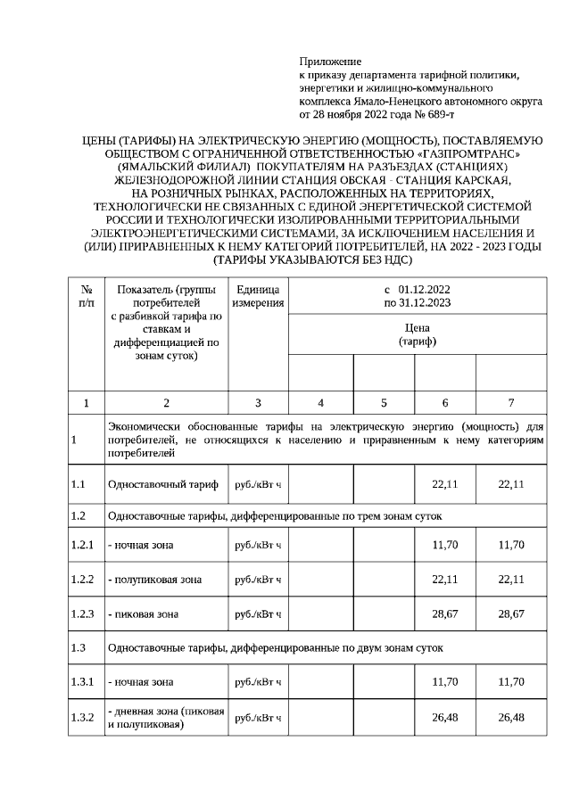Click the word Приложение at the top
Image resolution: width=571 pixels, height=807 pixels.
[330, 62]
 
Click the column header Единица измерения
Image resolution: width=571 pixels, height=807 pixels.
[258, 297]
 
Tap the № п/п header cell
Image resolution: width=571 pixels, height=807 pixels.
[86, 297]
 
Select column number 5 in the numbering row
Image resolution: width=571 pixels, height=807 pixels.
[384, 403]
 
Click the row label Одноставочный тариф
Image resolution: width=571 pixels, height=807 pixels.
[162, 484]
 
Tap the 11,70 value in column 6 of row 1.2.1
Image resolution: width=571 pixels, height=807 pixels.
[444, 545]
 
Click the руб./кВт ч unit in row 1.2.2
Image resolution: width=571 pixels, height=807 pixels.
[257, 580]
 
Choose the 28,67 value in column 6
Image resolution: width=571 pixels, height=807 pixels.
[444, 614]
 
